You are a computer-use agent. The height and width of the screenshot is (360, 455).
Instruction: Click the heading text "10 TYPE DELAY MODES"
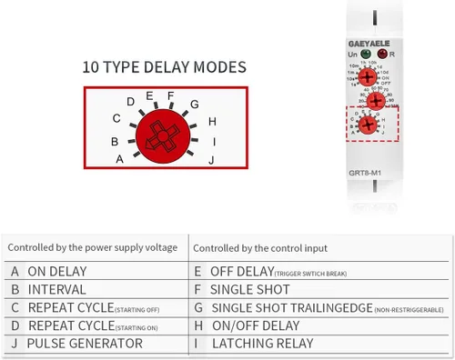pos(164,67)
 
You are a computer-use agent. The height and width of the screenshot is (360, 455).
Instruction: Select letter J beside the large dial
pos(211,160)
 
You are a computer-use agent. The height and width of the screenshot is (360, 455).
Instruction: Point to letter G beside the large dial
pos(194,105)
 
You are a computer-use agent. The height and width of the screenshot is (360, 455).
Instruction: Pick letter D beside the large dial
pos(131,102)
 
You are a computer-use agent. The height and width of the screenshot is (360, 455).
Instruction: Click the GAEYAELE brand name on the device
pos(369,41)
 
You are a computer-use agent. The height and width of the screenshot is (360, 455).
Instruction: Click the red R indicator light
pos(380,55)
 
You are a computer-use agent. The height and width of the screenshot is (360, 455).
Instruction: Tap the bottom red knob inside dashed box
pos(369,124)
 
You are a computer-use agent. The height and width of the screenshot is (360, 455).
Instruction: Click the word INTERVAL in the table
pos(56,289)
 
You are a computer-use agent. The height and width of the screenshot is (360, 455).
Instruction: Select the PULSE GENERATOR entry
pos(85,344)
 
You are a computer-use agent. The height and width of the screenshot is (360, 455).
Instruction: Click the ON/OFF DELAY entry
pos(256,325)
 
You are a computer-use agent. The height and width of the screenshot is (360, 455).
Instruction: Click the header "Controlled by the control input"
pos(260,246)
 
